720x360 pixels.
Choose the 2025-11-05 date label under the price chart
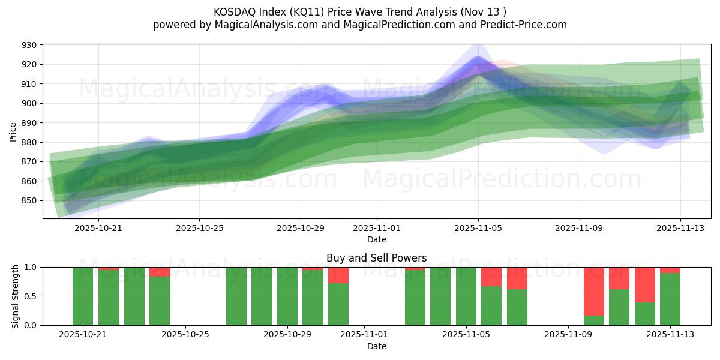coord(478,228)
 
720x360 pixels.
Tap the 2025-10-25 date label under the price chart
coord(199,228)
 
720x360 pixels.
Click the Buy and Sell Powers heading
coord(376,258)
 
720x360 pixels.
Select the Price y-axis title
coord(13,131)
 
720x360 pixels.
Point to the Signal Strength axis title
coord(16,296)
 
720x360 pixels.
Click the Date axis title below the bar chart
coord(376,346)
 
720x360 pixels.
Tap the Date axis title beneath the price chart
coord(376,239)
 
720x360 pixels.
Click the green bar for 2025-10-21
coord(83,296)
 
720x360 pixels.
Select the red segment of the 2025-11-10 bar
coord(594,291)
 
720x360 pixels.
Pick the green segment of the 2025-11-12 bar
coord(645,314)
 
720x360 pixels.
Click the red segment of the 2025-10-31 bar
coord(338,275)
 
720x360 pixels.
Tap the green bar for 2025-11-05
coord(466,296)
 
